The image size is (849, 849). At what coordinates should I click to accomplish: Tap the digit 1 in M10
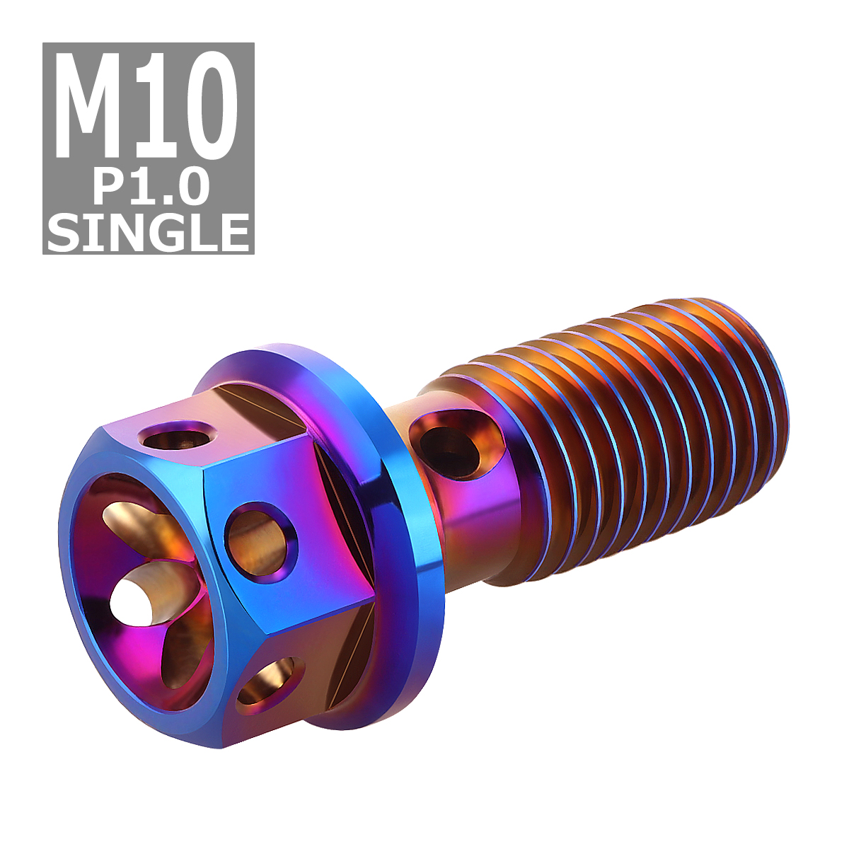[156, 106]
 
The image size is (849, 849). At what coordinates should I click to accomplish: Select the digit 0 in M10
[207, 106]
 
